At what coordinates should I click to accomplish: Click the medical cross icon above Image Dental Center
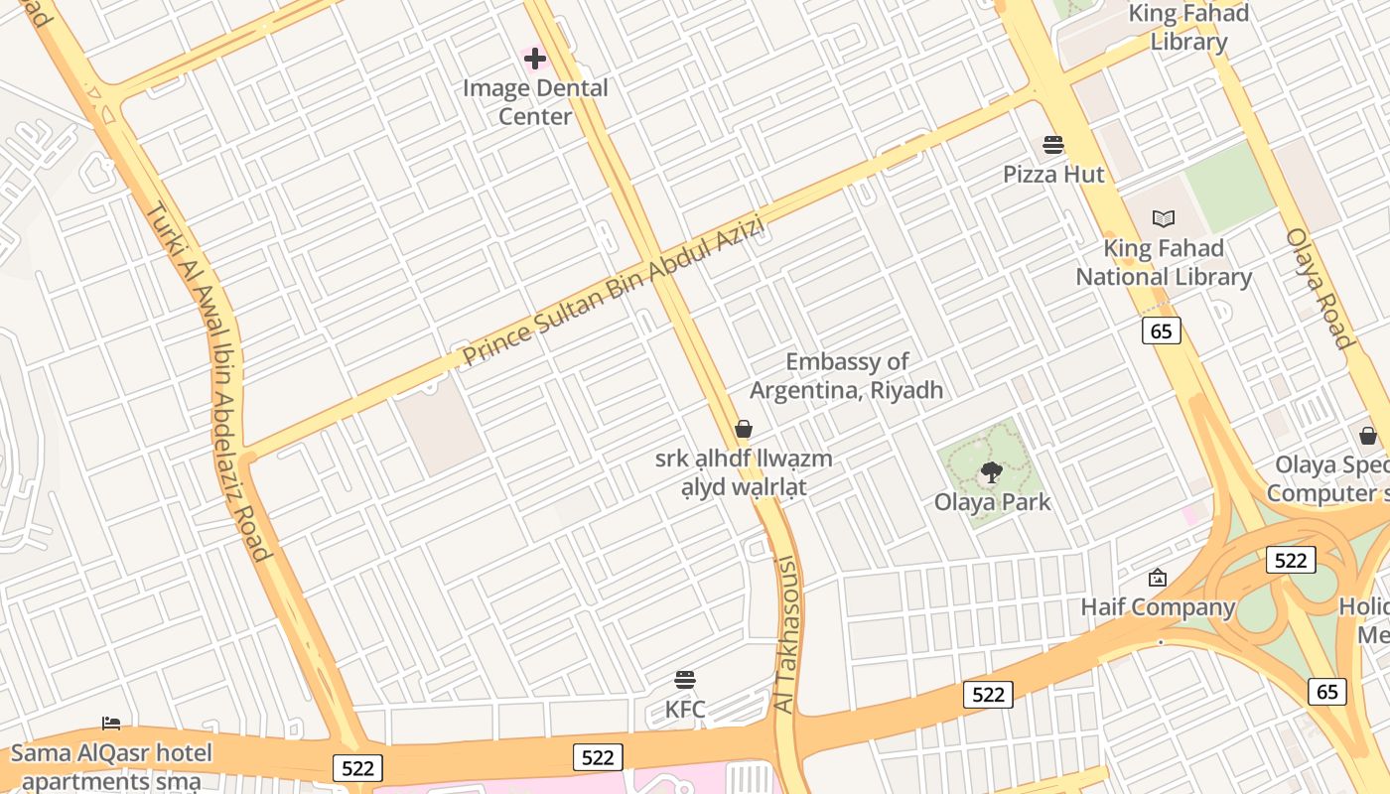pos(535,59)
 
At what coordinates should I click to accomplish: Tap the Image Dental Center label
pos(535,102)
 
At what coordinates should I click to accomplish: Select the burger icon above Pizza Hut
pos(1053,145)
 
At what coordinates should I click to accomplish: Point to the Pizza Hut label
pos(1053,175)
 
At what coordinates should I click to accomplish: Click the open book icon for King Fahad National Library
pos(1164,218)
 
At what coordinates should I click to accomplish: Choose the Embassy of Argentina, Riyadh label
pos(846,376)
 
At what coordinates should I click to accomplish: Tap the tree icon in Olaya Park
pos(991,472)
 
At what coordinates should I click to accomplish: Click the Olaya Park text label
pos(992,502)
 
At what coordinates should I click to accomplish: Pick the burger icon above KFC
pos(685,680)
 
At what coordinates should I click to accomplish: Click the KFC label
pos(685,710)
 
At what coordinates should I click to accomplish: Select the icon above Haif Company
pos(1158,578)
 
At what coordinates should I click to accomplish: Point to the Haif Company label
pos(1158,607)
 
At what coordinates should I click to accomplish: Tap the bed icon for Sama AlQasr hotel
pos(111,724)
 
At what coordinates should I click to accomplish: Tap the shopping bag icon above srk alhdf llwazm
pos(744,429)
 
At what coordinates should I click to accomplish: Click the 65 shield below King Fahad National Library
pos(1162,331)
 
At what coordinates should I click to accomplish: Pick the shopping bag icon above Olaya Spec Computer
pos(1368,436)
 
